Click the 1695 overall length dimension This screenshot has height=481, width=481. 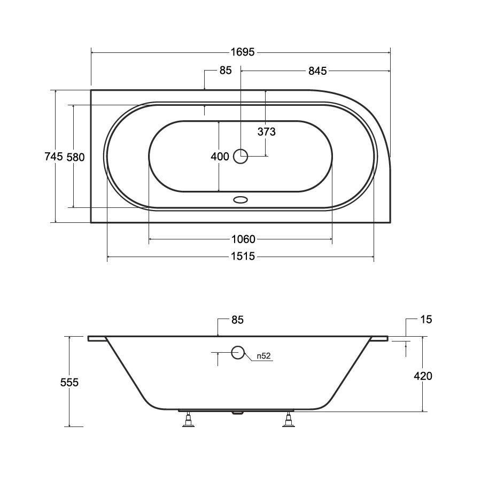pyautogui.click(x=242, y=52)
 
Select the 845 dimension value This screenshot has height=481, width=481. pyautogui.click(x=317, y=71)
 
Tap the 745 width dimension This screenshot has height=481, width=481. pyautogui.click(x=53, y=157)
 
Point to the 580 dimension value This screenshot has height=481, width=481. pyautogui.click(x=75, y=157)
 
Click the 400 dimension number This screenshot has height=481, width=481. pyautogui.click(x=220, y=157)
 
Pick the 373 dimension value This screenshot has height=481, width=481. pyautogui.click(x=266, y=131)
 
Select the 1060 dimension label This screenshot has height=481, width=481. pyautogui.click(x=243, y=239)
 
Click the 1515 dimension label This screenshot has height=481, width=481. pyautogui.click(x=243, y=256)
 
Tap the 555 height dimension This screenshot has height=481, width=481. pyautogui.click(x=69, y=382)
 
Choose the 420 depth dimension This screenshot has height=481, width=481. pyautogui.click(x=423, y=376)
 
